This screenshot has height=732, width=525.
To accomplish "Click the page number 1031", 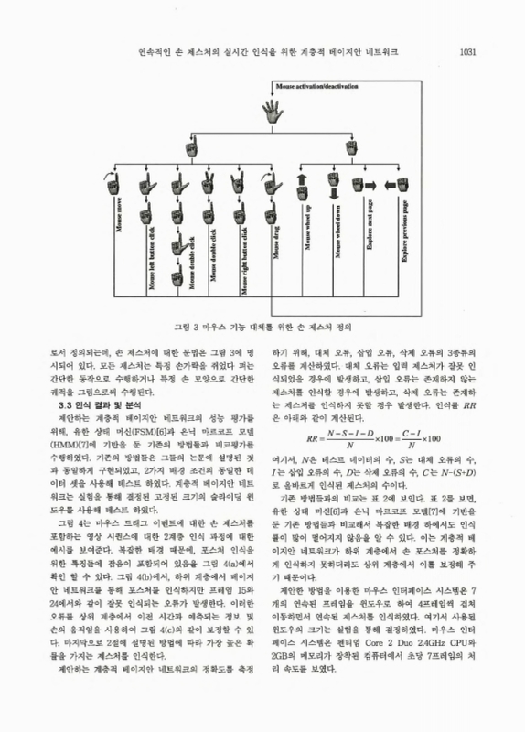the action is [467, 51].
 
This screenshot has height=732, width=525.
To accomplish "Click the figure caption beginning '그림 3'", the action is [262, 325].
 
